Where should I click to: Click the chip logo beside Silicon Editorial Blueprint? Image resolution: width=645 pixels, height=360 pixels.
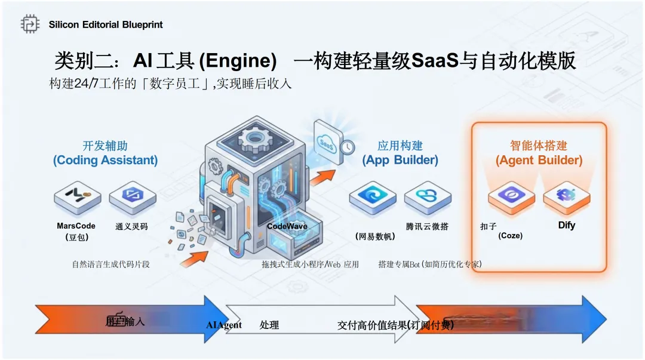[30, 24]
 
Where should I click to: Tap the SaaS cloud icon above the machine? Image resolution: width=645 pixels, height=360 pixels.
[327, 143]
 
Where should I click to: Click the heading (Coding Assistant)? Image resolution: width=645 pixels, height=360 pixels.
[105, 160]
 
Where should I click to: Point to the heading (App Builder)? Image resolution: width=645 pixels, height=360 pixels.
[400, 160]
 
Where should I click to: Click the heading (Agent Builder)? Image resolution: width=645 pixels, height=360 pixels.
[539, 160]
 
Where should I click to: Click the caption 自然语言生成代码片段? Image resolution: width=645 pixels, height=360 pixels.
[110, 264]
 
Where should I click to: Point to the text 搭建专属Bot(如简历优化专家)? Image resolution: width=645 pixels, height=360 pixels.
[429, 264]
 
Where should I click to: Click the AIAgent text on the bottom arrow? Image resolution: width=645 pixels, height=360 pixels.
[224, 325]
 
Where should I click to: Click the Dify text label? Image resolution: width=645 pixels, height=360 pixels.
[566, 226]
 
